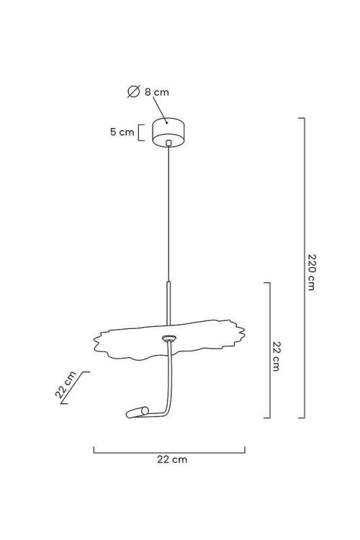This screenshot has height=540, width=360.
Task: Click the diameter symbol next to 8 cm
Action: click(133, 91)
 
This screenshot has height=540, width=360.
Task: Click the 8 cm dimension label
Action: click(157, 92)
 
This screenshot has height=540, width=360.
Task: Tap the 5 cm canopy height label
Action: click(122, 132)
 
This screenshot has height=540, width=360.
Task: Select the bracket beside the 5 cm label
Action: click(140, 132)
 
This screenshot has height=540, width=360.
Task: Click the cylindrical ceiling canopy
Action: click(168, 132)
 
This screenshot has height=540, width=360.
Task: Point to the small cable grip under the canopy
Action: click(168, 143)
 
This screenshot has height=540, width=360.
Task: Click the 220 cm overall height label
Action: click(312, 272)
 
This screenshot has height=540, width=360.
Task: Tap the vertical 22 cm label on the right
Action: click(276, 356)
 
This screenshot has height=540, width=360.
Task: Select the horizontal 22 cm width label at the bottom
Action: click(172, 459)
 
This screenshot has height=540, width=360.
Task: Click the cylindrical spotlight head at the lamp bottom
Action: click(137, 413)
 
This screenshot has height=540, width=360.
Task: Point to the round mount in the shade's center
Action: click(169, 338)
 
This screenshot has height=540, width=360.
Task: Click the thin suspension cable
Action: click(168, 214)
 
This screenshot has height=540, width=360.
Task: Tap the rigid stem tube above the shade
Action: click(168, 303)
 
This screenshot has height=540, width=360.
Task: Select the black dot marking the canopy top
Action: click(167, 122)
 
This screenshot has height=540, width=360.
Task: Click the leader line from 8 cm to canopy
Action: click(160, 109)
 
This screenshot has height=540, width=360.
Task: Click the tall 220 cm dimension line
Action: click(304, 268)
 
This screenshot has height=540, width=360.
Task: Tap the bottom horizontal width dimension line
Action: click(169, 452)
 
